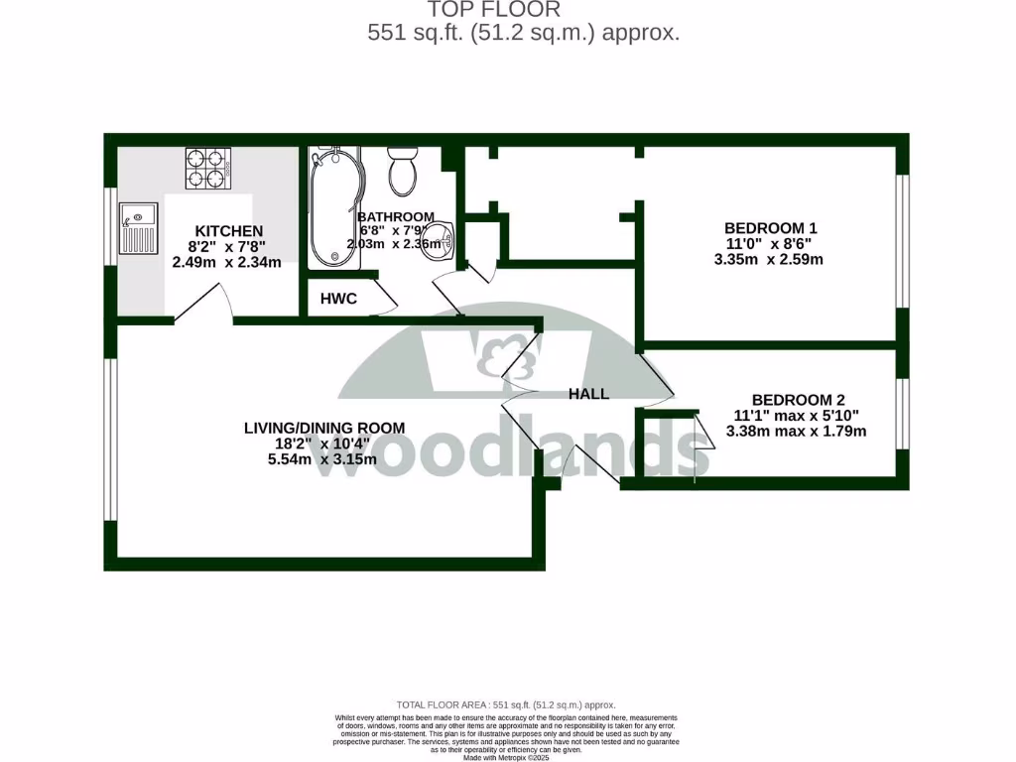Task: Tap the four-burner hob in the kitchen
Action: [207, 168]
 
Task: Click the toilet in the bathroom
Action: [403, 171]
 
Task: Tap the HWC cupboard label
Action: [338, 298]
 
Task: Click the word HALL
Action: [588, 394]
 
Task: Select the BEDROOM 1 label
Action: [771, 228]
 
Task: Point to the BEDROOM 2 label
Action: [798, 399]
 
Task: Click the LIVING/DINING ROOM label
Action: [324, 428]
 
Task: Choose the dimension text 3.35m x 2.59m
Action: [769, 260]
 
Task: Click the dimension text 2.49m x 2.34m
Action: [227, 263]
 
